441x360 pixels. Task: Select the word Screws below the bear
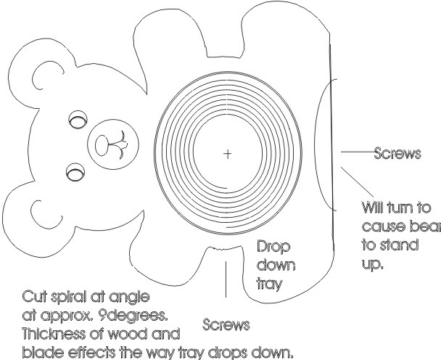(223, 324)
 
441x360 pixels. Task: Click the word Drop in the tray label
(273, 247)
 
